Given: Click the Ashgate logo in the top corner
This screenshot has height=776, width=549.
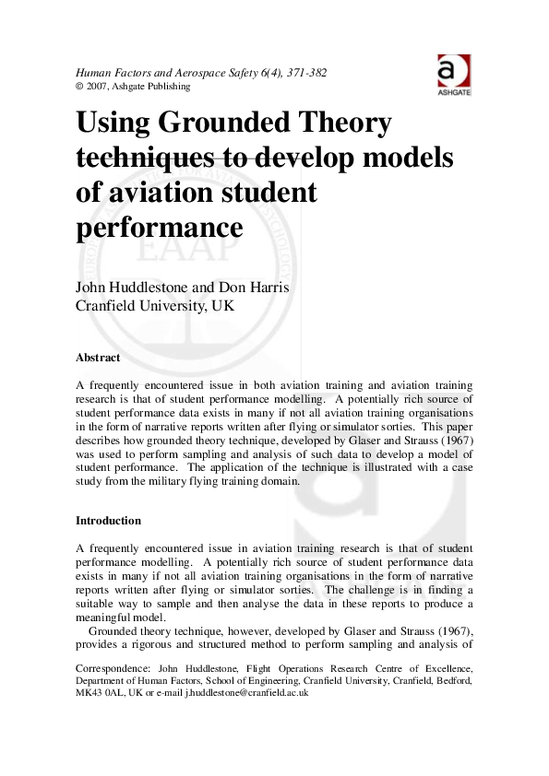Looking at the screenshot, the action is point(453,74).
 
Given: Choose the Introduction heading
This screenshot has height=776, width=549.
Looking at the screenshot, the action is point(108,521).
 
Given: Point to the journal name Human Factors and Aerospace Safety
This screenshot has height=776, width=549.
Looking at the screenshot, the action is point(153,73).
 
